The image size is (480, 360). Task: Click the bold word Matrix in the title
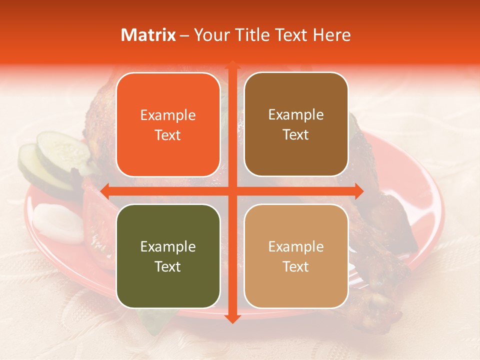[148, 35]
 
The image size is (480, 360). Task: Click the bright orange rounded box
[168, 124]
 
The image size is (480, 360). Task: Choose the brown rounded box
[296, 124]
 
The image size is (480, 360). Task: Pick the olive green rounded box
[168, 256]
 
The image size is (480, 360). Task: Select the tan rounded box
[296, 256]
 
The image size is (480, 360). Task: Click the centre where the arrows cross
[232, 190]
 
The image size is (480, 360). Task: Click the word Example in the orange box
[168, 115]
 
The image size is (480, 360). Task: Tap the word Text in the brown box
[296, 135]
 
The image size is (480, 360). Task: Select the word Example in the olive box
[168, 247]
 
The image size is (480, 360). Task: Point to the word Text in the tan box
[296, 266]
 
